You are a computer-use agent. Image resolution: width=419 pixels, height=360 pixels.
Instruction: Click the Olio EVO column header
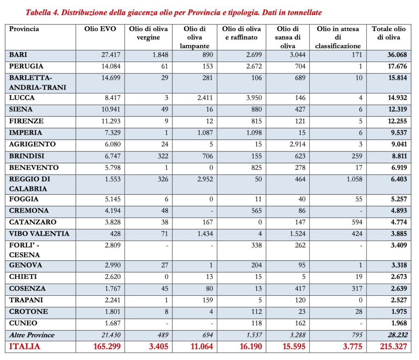pyautogui.click(x=100, y=29)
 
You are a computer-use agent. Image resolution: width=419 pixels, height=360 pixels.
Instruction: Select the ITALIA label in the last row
pyautogui.click(x=25, y=346)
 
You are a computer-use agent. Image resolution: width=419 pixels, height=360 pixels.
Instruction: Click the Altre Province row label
pyautogui.click(x=32, y=335)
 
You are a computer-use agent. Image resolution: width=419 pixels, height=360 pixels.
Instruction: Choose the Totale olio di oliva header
pyautogui.click(x=389, y=33)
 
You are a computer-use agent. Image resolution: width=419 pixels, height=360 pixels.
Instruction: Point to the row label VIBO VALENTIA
pyautogui.click(x=39, y=234)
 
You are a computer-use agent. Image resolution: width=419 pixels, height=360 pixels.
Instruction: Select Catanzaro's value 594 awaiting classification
pyautogui.click(x=356, y=222)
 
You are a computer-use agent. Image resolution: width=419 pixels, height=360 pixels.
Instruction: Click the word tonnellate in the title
pyautogui.click(x=303, y=12)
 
